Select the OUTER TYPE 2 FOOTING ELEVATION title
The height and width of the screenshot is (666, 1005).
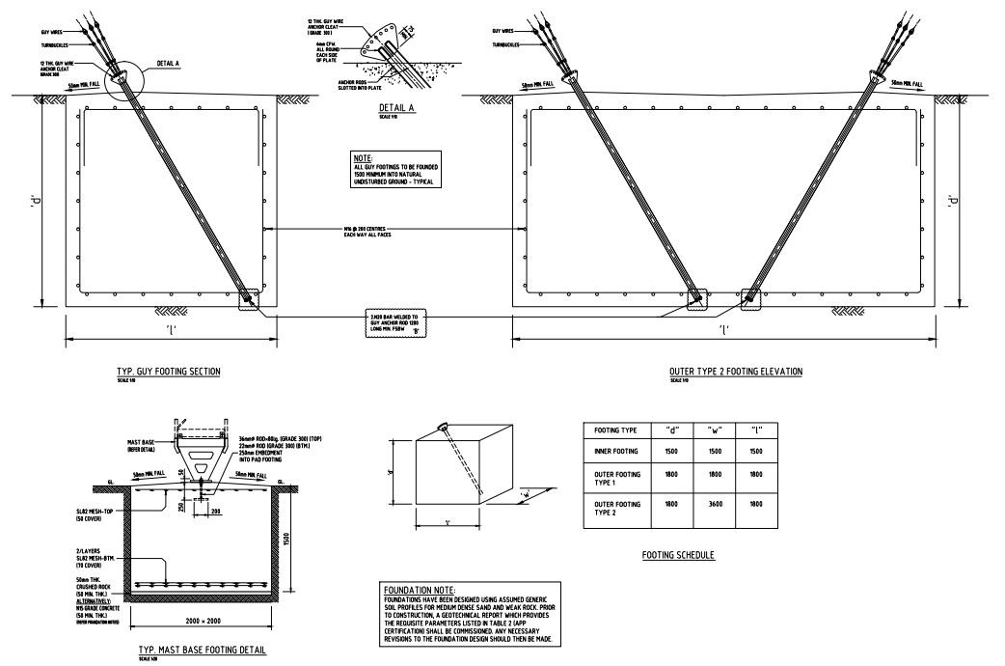(735, 371)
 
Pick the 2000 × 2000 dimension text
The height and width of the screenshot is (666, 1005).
(201, 621)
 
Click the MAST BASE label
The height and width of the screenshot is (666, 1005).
(142, 443)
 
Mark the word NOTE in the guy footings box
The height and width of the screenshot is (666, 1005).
(363, 157)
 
